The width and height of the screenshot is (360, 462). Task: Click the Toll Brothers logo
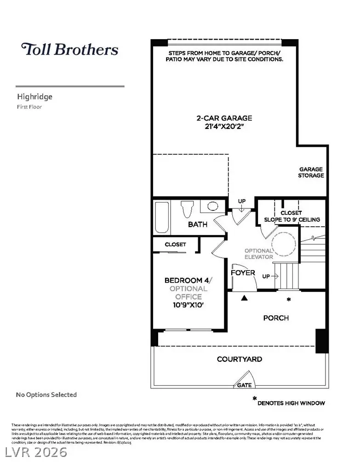[x=69, y=49]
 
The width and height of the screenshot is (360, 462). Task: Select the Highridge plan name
[x=34, y=97]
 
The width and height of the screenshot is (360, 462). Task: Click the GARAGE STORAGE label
[x=311, y=172]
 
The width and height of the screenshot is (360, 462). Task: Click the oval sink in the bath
[x=212, y=206]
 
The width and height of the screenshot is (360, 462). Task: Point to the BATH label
[x=197, y=225]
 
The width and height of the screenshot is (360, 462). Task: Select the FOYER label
[x=243, y=272]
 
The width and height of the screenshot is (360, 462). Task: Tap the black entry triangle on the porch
[x=245, y=298]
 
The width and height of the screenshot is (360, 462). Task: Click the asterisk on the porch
[x=289, y=300]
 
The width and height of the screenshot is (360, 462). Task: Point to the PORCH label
[x=276, y=318]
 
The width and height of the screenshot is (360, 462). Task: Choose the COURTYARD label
[x=239, y=359]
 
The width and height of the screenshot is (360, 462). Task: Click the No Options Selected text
[x=46, y=394]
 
